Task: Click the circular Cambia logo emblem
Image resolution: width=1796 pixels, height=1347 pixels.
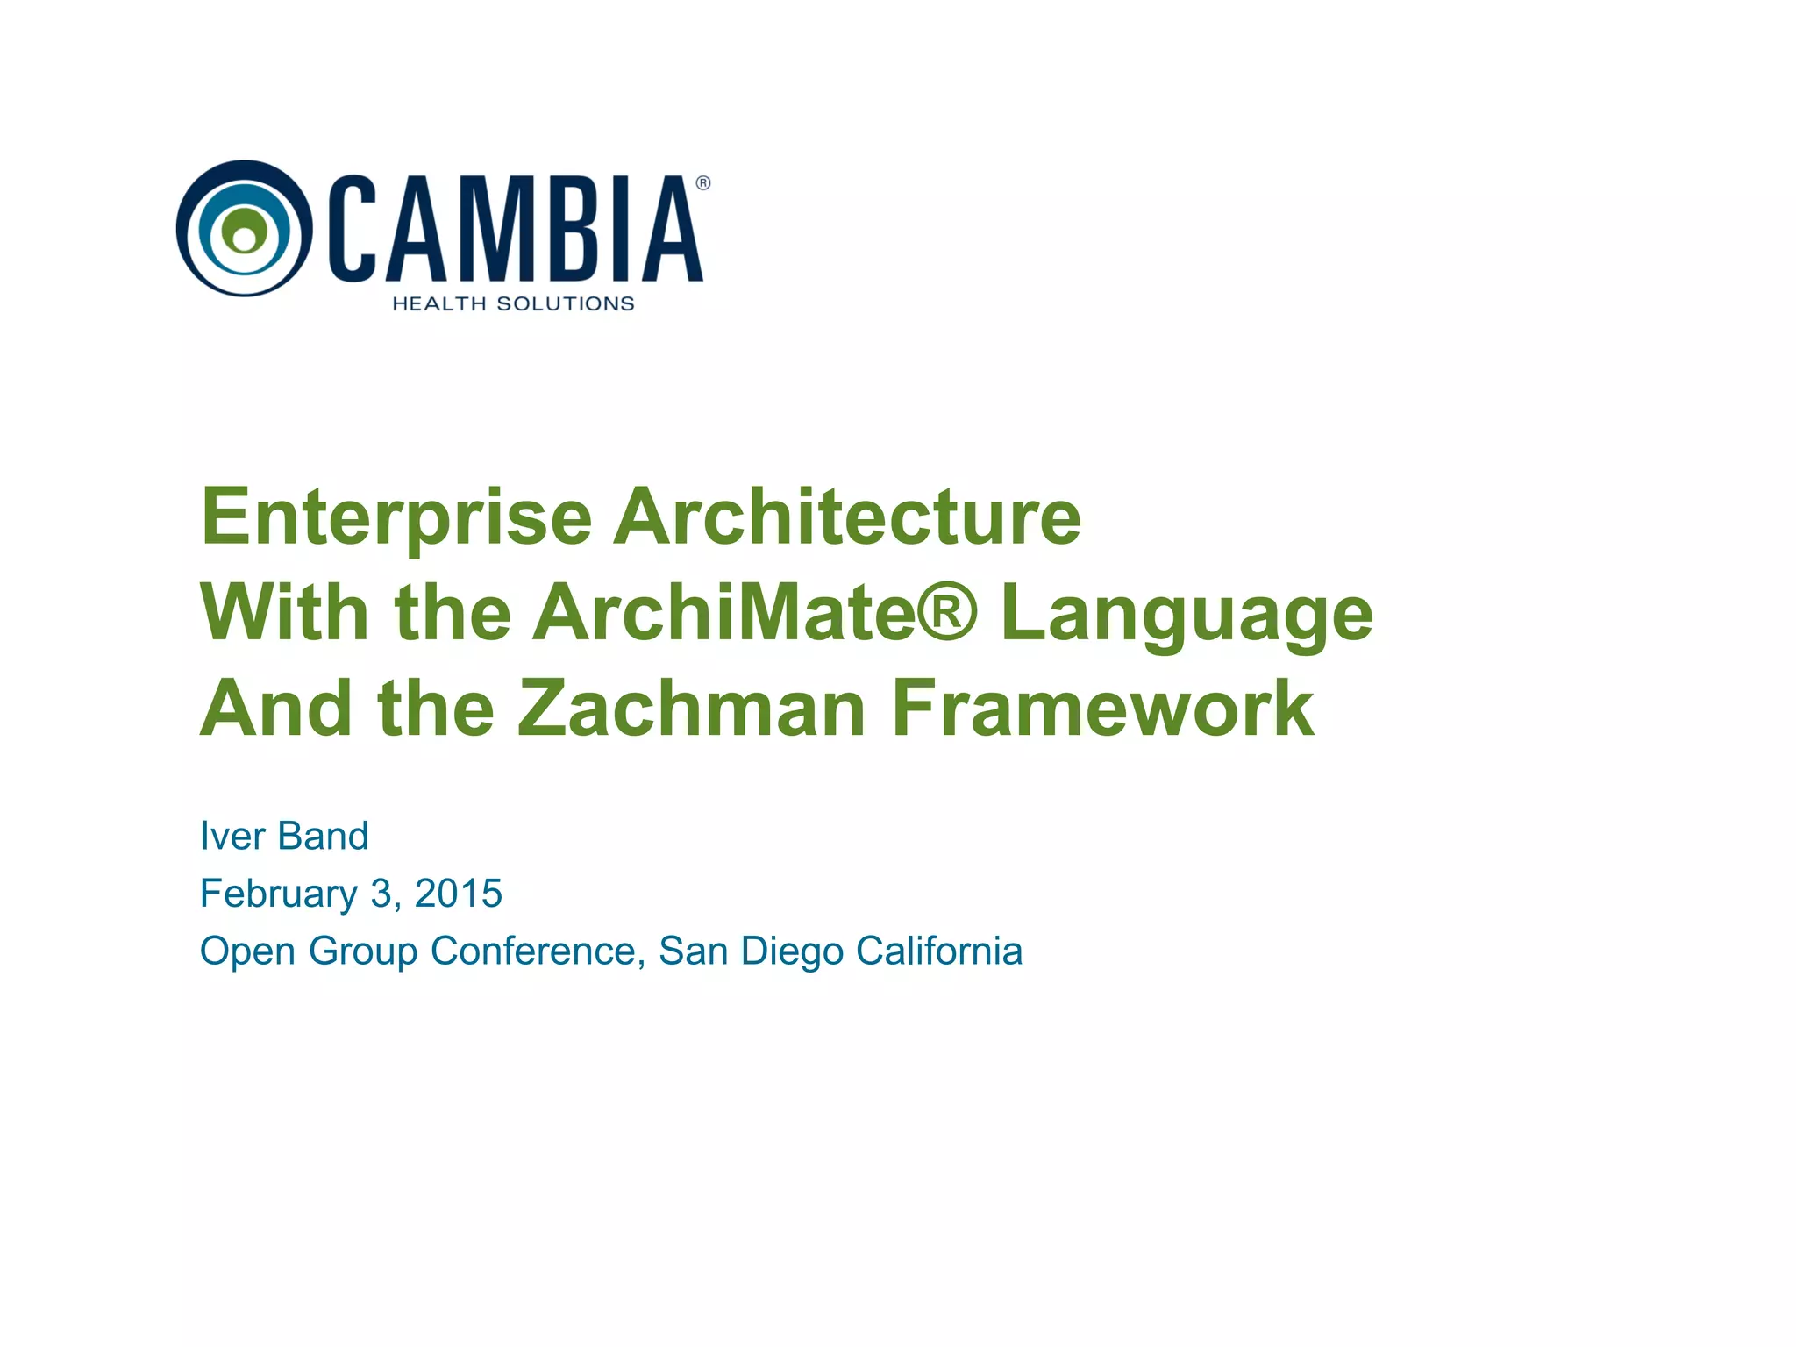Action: click(244, 228)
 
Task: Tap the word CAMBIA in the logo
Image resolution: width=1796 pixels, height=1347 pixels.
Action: click(517, 230)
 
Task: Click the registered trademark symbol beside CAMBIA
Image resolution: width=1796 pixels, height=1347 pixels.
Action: click(702, 183)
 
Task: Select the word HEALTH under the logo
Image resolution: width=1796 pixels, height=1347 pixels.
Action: click(438, 303)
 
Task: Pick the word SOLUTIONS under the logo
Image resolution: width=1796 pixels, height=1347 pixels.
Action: click(565, 303)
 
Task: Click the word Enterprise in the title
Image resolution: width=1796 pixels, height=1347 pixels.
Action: click(396, 517)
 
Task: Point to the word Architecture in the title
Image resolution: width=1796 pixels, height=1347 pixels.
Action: click(847, 517)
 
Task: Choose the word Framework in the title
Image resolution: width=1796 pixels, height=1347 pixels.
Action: click(1102, 709)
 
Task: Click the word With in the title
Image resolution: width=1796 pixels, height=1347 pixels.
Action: click(284, 613)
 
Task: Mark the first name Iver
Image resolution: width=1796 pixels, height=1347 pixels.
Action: click(232, 836)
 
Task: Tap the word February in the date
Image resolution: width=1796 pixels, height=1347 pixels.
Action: click(278, 894)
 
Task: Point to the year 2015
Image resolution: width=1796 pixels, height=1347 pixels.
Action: click(458, 894)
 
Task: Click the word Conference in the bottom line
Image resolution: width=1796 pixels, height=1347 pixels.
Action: click(533, 951)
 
